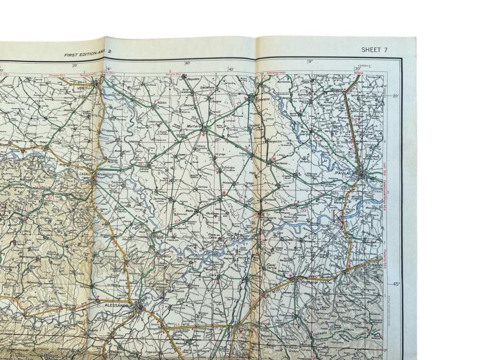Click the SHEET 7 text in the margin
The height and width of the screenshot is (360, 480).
coord(374,50)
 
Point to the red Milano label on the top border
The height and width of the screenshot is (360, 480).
coord(359,73)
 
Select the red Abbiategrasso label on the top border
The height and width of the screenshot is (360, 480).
coord(275,73)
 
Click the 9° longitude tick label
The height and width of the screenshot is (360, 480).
coord(310,61)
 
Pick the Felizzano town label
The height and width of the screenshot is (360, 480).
coord(69,305)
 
